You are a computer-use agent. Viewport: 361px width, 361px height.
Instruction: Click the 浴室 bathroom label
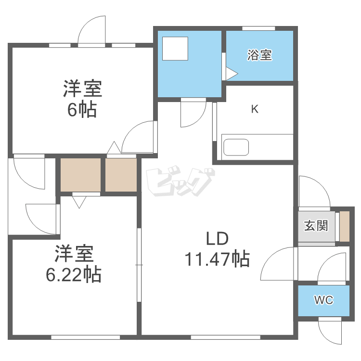tap(259, 55)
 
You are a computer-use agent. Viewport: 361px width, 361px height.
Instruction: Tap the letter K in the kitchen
tap(255, 109)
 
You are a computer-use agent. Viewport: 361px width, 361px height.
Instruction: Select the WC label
tap(323, 300)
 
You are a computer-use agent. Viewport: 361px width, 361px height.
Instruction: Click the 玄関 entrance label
tap(316, 225)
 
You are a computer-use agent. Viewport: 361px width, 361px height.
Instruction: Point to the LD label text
tap(217, 239)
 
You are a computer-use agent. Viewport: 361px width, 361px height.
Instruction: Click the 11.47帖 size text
tap(217, 259)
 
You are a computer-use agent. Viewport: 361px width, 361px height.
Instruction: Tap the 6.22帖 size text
tap(73, 274)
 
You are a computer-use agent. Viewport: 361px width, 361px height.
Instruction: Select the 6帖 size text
tap(82, 110)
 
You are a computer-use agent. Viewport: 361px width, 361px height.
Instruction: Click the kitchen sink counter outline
tap(235, 147)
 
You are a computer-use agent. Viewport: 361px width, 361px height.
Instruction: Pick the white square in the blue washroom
tap(175, 49)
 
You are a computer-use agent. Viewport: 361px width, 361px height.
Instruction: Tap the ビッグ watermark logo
tap(180, 183)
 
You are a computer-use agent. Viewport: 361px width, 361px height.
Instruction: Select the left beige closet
tap(80, 174)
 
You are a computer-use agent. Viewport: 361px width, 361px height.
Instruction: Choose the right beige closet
tap(121, 174)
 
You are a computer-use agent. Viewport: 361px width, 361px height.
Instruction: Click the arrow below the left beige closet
tap(79, 201)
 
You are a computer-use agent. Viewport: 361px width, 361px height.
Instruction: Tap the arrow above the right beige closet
tap(114, 148)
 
